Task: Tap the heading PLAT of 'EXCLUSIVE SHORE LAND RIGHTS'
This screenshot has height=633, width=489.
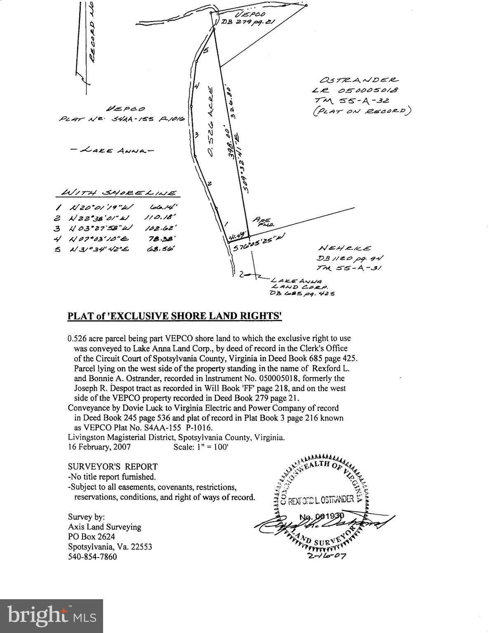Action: (174, 316)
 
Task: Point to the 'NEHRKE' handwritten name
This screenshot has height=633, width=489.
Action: (345, 248)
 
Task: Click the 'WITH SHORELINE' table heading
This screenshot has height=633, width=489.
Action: (118, 193)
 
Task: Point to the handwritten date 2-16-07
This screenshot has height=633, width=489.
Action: (327, 555)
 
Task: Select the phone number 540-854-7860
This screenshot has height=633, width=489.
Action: (92, 557)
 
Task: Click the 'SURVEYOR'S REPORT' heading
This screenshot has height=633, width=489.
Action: (113, 467)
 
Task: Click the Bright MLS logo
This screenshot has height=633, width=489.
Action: (52, 616)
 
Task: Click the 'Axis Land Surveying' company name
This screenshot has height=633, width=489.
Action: (104, 527)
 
